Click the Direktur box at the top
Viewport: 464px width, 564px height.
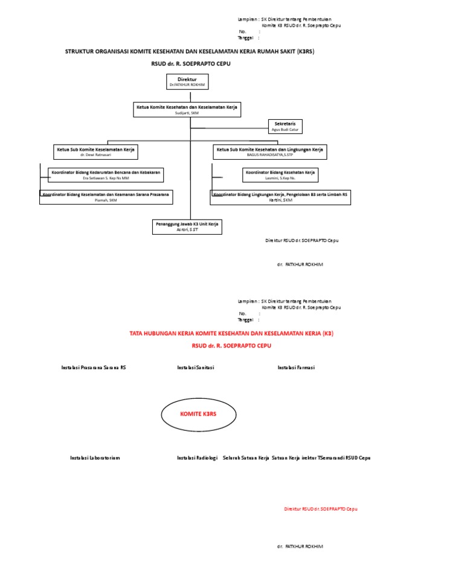coord(187,82)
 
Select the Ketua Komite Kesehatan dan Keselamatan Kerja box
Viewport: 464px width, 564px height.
coord(187,109)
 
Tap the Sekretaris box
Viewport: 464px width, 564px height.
coord(285,126)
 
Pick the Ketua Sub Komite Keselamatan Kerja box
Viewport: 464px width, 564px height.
coord(95,151)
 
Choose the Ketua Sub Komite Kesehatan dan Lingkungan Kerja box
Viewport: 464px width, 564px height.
coord(269,151)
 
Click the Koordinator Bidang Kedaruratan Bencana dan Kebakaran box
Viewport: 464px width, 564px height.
coord(106,175)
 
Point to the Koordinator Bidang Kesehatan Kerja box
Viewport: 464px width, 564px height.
coord(280,175)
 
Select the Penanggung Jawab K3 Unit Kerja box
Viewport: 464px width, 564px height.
coord(187,226)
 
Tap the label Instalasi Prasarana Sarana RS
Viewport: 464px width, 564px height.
coord(94,367)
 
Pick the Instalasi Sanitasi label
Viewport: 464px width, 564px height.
coord(196,367)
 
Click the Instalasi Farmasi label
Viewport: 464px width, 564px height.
coord(296,367)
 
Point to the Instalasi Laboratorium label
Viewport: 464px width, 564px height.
coord(95,457)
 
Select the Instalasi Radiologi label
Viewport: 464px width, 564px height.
coord(197,457)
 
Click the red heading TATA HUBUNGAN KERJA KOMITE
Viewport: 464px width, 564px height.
coord(231,333)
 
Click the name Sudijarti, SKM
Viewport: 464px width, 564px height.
coord(187,113)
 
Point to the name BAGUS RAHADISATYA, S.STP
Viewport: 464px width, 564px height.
coord(269,155)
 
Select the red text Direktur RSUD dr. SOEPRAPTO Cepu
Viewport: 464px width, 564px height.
coord(321,509)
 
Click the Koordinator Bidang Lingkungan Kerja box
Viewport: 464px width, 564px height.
coord(280,197)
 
